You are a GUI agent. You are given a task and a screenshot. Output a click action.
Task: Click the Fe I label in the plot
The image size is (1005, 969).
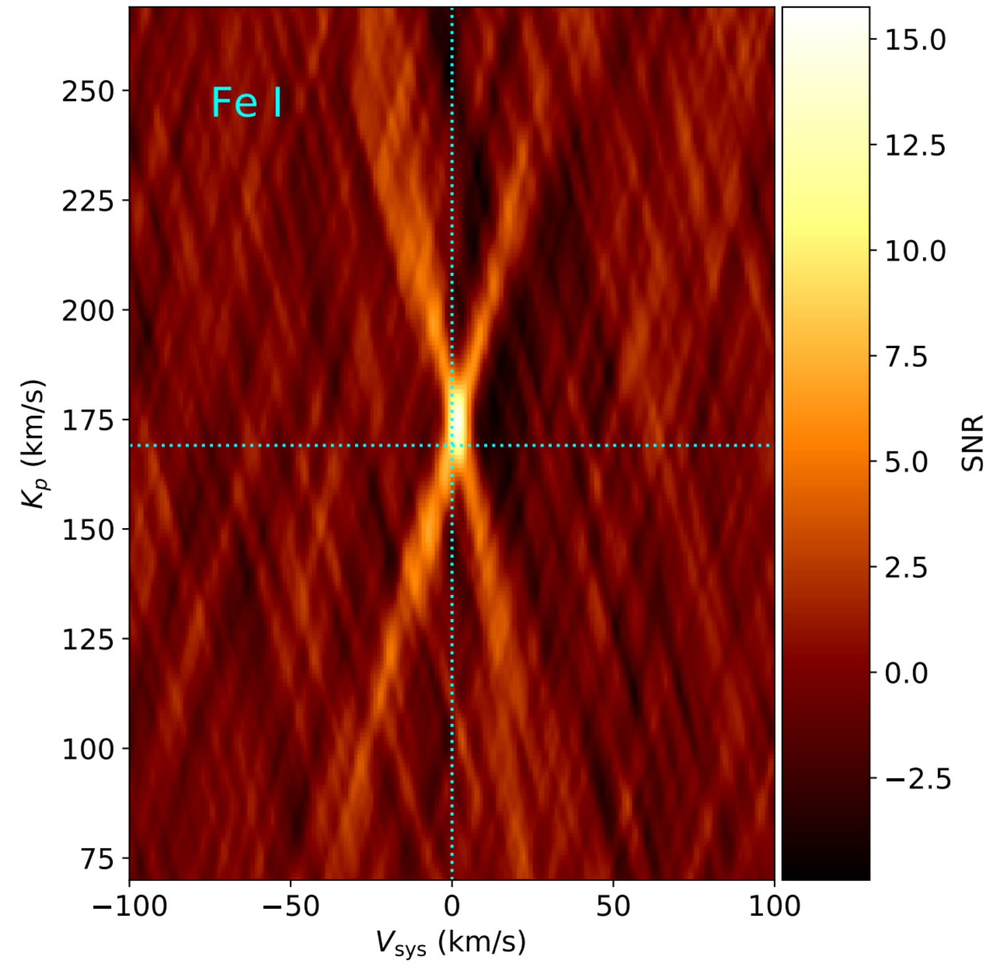247,103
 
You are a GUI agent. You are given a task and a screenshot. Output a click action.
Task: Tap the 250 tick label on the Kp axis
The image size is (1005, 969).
88,92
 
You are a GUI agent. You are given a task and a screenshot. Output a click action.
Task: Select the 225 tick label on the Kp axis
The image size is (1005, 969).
88,202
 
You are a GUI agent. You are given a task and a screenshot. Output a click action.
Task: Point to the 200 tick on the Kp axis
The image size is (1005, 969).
88,311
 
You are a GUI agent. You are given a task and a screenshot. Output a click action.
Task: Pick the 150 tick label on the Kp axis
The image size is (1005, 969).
88,531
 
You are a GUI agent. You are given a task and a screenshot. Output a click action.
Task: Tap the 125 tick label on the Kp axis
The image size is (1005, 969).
88,641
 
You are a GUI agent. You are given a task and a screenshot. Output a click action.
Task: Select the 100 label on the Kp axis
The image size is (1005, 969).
88,750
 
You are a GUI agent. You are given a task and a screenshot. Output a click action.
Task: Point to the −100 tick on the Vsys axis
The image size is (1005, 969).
130,906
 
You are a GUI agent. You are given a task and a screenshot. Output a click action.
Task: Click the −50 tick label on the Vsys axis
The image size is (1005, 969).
291,906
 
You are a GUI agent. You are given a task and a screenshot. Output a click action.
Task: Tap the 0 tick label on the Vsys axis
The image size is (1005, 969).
452,906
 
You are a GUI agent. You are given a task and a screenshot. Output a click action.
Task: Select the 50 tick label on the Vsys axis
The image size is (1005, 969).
613,906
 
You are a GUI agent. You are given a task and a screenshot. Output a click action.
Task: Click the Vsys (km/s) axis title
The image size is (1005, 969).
451,943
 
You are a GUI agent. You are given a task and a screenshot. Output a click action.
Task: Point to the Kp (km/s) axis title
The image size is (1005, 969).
33,444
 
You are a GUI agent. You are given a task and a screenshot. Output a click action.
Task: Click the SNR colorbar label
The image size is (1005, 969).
972,443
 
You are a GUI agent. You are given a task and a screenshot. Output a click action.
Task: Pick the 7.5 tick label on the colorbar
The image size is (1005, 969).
905,357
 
